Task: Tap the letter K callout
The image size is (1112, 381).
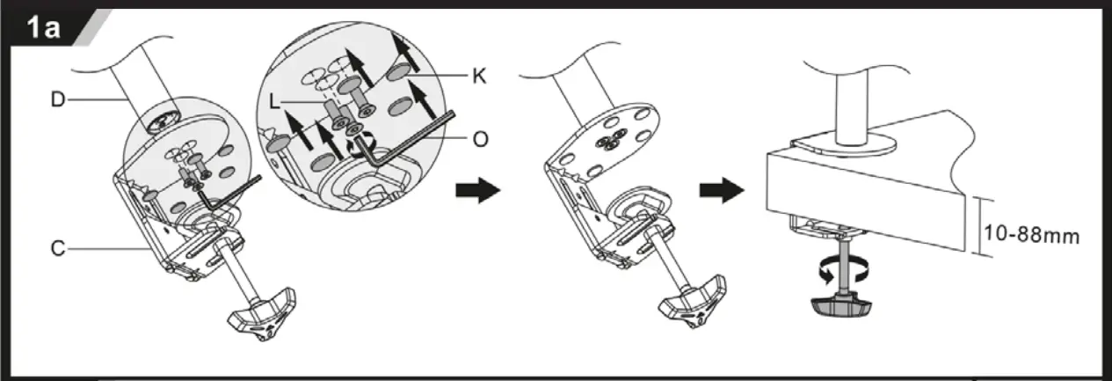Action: pos(479,76)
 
